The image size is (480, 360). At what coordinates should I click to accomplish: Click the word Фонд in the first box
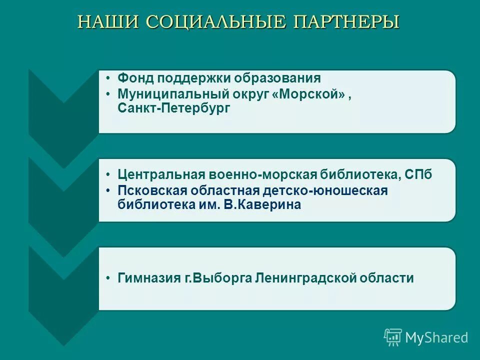[135, 78]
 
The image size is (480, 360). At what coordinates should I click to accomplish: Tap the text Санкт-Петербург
[174, 108]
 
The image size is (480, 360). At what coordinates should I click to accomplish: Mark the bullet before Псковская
[109, 190]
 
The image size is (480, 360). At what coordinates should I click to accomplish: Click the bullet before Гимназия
[109, 278]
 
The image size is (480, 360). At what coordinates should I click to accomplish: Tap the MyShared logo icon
[393, 337]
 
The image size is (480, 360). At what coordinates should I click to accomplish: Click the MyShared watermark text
[436, 337]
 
